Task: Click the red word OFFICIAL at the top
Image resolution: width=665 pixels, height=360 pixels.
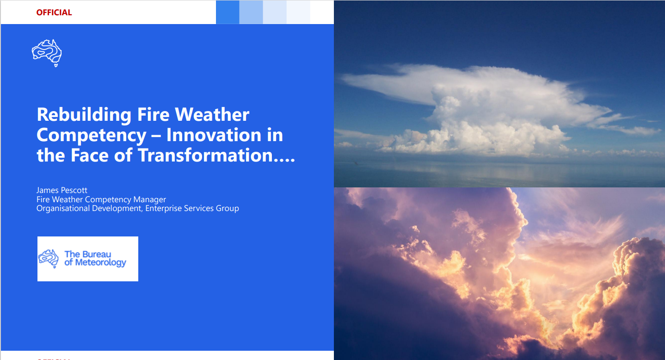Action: [x=54, y=12]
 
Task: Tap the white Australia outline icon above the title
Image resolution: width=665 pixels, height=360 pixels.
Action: [x=47, y=53]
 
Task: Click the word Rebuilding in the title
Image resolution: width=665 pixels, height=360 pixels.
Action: [x=84, y=115]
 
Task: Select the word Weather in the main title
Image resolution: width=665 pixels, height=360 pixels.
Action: [x=212, y=114]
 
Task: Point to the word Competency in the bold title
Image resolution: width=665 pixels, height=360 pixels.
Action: [x=92, y=136]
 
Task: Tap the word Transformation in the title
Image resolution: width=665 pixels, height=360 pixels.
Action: [x=205, y=155]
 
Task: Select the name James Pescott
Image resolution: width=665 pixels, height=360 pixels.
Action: [x=62, y=190]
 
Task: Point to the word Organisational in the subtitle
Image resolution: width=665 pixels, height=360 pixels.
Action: [x=63, y=209]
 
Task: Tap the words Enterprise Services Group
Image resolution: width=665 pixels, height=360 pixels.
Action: [x=192, y=209]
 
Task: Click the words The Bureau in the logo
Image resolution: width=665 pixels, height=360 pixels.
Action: [x=88, y=254]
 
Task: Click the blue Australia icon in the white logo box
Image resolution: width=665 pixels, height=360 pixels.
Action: [x=49, y=259]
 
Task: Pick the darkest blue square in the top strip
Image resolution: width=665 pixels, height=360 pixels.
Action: [x=228, y=12]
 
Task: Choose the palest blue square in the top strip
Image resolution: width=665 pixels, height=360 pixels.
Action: [x=298, y=12]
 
